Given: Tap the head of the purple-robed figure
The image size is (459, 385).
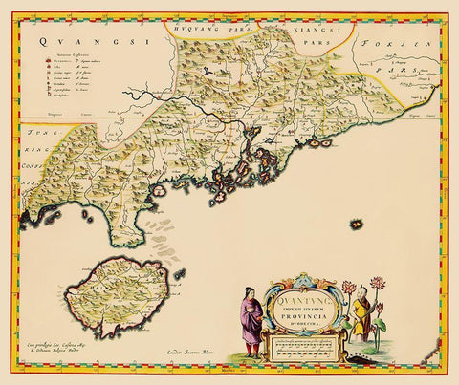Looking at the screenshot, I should pyautogui.click(x=248, y=298).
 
